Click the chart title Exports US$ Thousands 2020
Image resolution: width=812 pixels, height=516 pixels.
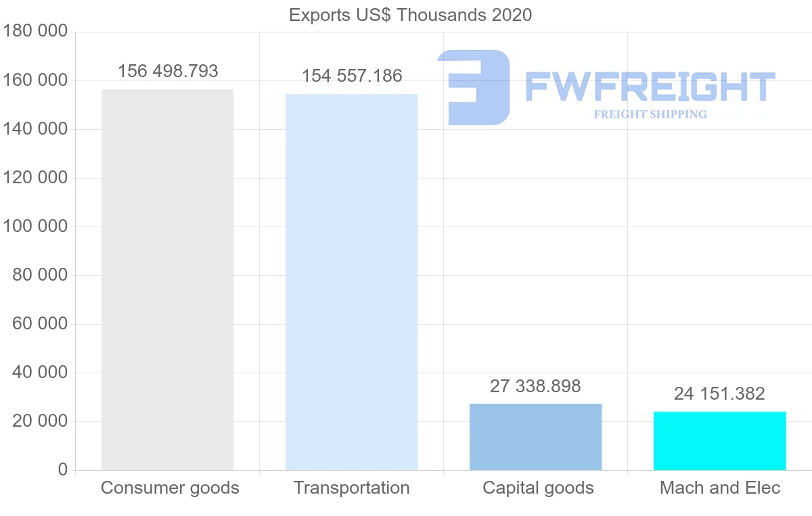tap(410, 15)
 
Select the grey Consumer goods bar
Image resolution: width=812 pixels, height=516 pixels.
tap(167, 280)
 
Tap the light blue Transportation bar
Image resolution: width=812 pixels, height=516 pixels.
tap(351, 282)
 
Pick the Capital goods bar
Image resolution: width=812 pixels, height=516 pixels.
tap(535, 437)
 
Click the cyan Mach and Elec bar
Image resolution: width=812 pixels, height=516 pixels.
tap(719, 441)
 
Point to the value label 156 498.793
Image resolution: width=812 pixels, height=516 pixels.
tap(168, 71)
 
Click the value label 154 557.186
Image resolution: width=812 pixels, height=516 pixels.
tap(352, 76)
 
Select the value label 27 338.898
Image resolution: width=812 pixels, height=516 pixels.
tap(535, 386)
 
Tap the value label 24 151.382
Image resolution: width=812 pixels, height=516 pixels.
tap(719, 394)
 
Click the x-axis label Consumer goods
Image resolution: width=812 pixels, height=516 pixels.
tap(170, 488)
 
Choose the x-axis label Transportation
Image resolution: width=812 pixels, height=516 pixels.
tap(351, 488)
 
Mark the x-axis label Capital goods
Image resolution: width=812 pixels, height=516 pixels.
tap(538, 488)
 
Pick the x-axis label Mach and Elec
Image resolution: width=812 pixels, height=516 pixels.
tap(720, 488)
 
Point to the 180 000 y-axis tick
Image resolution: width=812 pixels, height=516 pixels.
tap(35, 31)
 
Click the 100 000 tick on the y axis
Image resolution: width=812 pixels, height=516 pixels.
tap(35, 226)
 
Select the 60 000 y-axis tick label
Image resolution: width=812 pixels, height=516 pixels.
tap(40, 324)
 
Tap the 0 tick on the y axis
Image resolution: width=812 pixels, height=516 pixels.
tap(63, 469)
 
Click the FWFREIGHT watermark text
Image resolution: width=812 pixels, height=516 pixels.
tap(650, 87)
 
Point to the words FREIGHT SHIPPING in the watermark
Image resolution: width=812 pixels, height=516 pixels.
tap(650, 114)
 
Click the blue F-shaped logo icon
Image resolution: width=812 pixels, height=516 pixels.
tap(474, 87)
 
